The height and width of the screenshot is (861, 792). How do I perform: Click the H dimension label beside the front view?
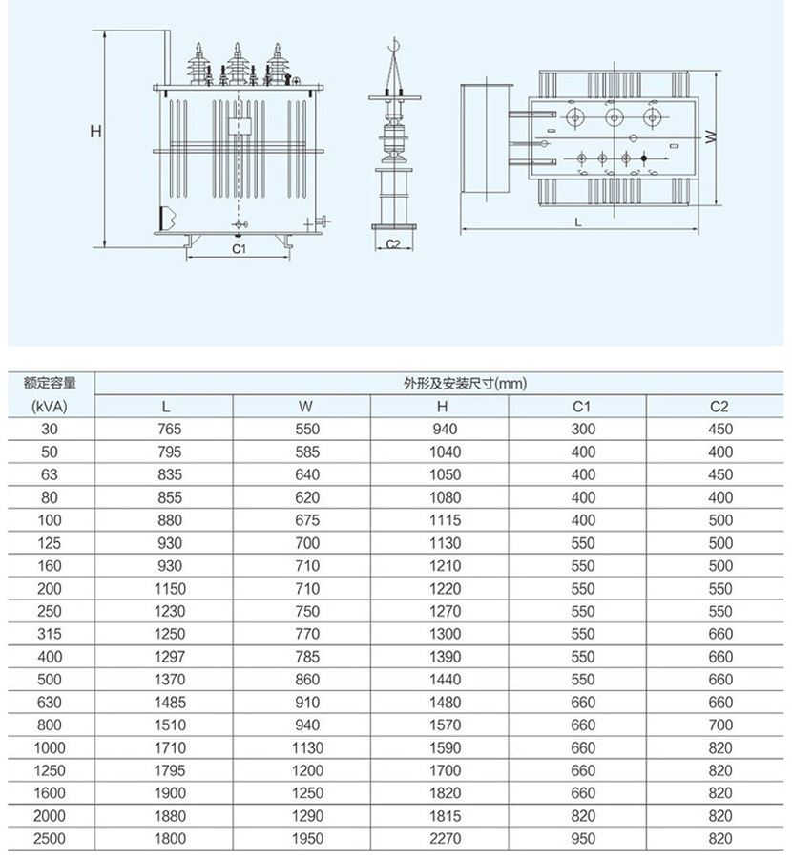(95, 133)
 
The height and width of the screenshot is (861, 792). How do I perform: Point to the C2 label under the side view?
(392, 244)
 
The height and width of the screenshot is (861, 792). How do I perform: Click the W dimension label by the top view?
(711, 137)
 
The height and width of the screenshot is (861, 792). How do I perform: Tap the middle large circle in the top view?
(614, 117)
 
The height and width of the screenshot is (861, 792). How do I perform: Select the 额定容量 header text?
(49, 384)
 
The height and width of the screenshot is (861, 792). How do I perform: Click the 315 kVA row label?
(49, 634)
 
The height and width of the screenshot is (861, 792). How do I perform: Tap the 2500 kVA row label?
(49, 839)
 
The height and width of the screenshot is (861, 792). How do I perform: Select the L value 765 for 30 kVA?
(168, 430)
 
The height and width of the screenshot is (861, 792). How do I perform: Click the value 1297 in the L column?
(168, 657)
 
